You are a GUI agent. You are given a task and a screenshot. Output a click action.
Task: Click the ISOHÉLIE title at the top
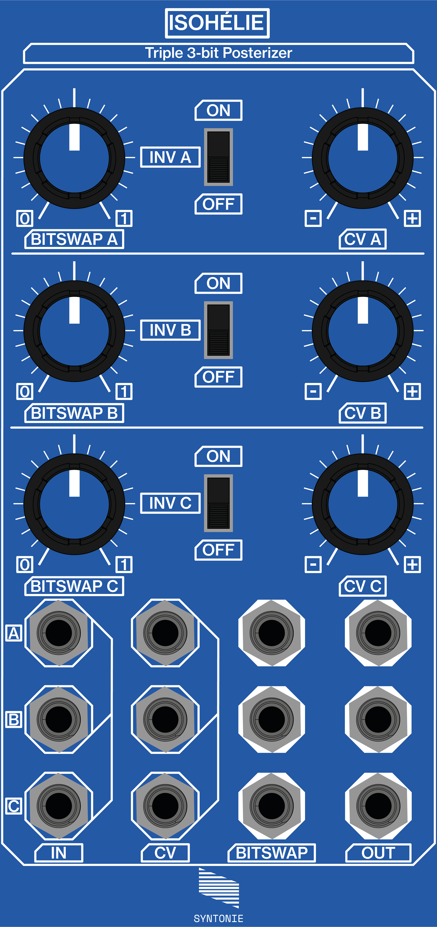[x=217, y=23]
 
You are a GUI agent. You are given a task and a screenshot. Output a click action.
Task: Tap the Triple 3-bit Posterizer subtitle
[x=218, y=53]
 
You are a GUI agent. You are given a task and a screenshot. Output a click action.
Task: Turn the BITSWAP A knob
[x=74, y=158]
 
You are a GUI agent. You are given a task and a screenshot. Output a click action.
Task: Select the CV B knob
[x=362, y=331]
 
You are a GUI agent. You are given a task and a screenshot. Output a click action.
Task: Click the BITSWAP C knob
[x=74, y=504]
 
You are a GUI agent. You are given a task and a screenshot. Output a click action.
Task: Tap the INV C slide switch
[x=218, y=503]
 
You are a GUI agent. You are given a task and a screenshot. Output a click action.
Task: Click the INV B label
[x=170, y=330]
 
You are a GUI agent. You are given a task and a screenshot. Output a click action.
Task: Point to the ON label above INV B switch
[x=218, y=283]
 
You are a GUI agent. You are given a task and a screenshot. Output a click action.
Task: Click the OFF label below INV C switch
[x=218, y=550]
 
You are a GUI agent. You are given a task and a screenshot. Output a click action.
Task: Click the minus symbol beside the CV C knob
[x=313, y=564]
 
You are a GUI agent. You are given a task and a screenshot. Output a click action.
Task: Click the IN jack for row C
[x=59, y=806]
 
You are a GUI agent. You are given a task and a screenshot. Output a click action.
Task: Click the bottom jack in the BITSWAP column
[x=272, y=806]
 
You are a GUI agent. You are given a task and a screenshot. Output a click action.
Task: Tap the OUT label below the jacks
[x=378, y=853]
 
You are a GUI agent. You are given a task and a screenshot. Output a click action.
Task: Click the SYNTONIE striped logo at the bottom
[x=218, y=888]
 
